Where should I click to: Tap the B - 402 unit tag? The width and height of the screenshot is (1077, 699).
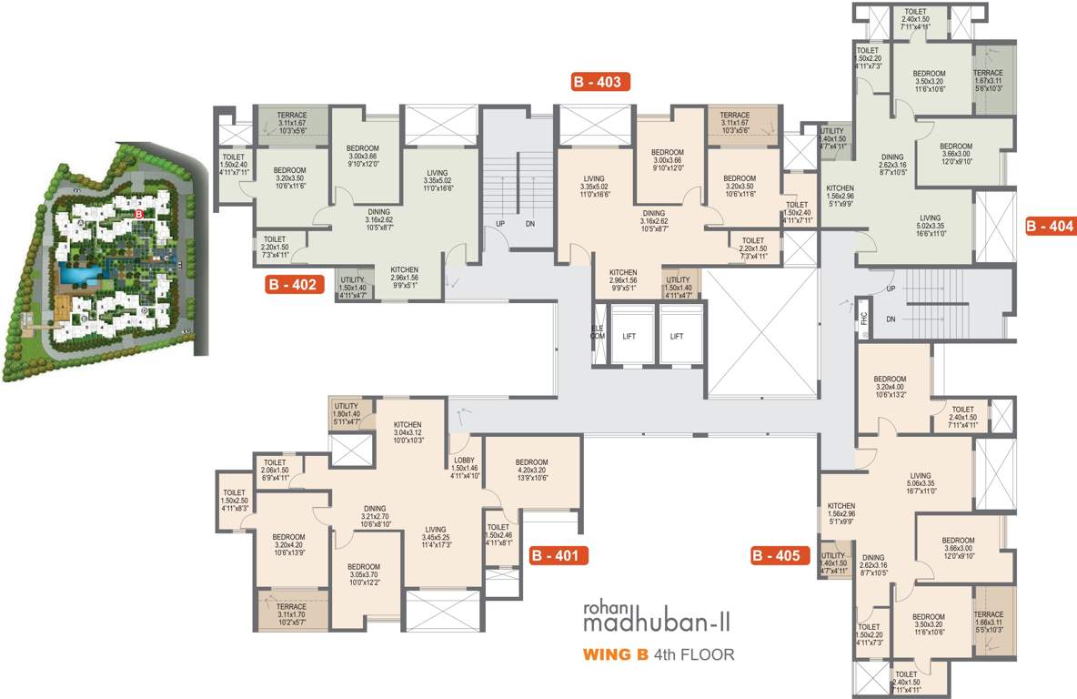(293, 285)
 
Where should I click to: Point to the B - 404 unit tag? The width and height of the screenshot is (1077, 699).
(1050, 226)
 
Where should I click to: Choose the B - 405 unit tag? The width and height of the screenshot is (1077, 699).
(780, 554)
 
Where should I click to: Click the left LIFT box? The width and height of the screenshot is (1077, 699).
(629, 336)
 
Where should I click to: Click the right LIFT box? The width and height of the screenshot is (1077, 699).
(677, 336)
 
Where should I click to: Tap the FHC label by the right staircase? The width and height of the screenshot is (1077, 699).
(864, 319)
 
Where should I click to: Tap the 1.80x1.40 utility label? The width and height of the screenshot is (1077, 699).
(347, 413)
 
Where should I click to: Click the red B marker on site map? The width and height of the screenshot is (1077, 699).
(138, 213)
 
